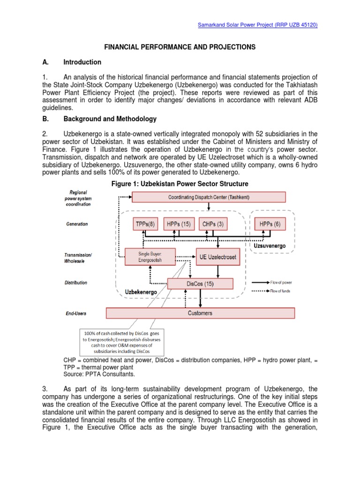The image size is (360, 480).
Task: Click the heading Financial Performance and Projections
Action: point(180,47)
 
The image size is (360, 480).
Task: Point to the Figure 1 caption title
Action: point(180,183)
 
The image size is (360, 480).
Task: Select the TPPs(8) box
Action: point(146,224)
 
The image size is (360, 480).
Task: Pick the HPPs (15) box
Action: point(179,224)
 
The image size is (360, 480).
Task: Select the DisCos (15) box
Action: point(200,284)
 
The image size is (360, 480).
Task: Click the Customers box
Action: point(200,313)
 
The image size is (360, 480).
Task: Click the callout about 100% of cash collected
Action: point(122,341)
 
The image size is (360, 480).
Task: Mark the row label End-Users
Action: point(76,313)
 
